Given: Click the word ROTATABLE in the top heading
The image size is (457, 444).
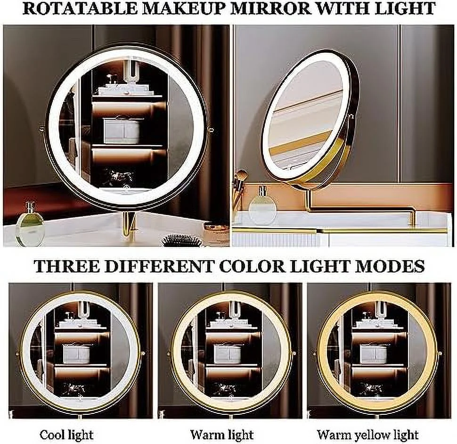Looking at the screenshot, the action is coord(80,8).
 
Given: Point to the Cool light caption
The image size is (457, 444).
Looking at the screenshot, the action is coord(67,435).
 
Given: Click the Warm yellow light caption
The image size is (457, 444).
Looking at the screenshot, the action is coord(368,435).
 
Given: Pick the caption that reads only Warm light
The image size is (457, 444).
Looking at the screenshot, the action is coord(222,435).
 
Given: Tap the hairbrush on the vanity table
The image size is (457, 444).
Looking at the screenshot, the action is coord(181,241).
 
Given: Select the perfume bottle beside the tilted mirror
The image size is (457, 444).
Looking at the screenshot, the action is coord(262,206).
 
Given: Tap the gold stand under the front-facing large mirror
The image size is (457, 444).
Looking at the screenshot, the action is coord(129,224).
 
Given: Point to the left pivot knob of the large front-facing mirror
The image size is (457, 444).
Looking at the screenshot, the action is coord(41,128).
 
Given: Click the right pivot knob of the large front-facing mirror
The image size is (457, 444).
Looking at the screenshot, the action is coord(212,130).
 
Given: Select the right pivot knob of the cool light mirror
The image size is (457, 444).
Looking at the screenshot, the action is coord(143,354).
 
